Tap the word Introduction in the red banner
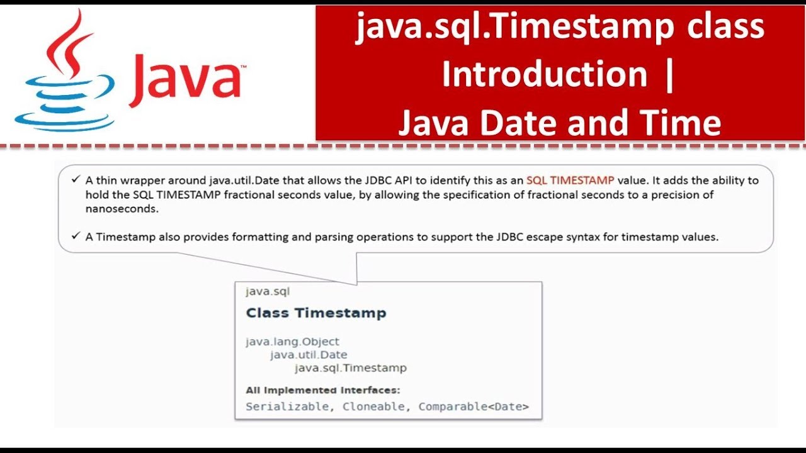[544, 74]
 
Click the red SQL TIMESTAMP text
[570, 180]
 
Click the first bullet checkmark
[76, 180]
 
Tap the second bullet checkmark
[76, 237]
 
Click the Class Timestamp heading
[315, 313]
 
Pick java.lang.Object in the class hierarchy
[292, 342]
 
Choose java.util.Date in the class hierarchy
[309, 355]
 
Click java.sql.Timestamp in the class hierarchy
[351, 368]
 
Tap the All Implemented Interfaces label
[322, 390]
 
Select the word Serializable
[287, 406]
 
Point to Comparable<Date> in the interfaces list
[474, 406]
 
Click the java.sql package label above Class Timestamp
[268, 291]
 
